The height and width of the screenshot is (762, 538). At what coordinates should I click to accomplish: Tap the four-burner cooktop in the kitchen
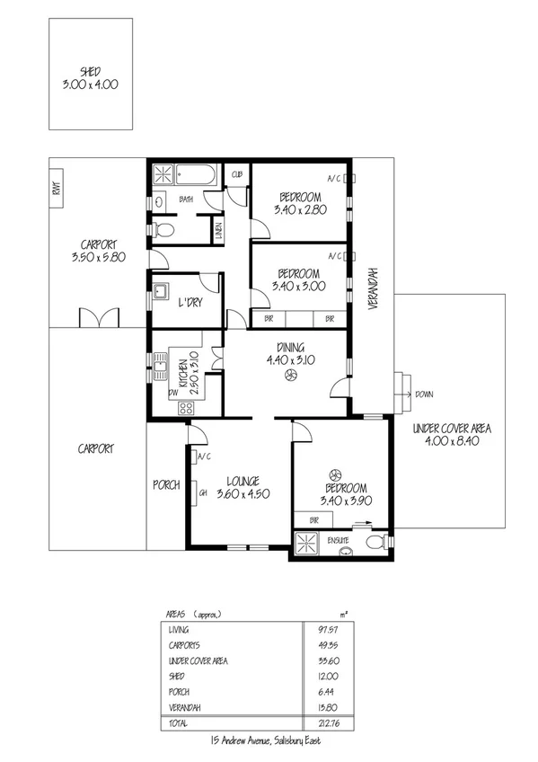[x=188, y=408]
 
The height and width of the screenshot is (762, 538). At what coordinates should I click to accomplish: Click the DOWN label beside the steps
[x=425, y=394]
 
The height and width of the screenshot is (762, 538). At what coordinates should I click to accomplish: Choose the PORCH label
[x=166, y=484]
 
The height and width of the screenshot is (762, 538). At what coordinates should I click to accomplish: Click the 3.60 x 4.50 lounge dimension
[x=243, y=493]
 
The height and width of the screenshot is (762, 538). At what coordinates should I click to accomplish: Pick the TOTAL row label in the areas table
[x=179, y=721]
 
